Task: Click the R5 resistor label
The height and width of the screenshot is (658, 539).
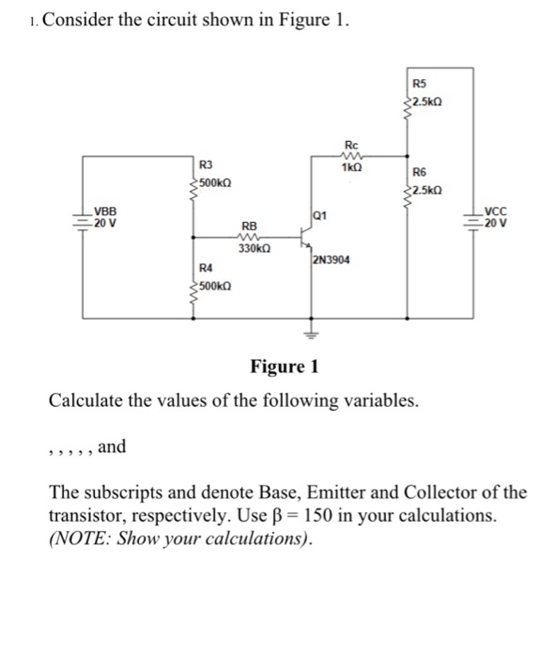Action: [419, 81]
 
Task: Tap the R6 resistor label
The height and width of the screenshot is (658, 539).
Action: [419, 172]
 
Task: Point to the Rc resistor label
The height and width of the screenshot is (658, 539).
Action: [351, 144]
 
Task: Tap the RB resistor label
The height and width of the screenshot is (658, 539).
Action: [249, 227]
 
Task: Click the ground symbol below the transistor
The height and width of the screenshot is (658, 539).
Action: [313, 333]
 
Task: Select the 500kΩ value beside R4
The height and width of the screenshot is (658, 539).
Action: [215, 284]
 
